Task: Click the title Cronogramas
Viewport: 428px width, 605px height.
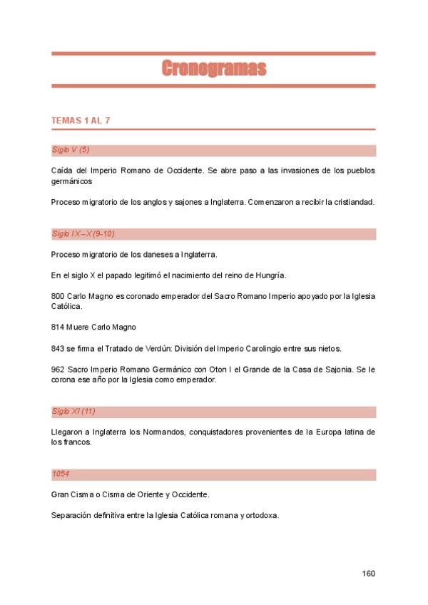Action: pos(213,68)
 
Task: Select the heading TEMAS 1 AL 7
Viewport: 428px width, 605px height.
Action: pos(81,120)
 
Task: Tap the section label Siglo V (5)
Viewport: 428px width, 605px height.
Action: pos(71,150)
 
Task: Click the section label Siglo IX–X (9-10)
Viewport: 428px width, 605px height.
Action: pos(83,233)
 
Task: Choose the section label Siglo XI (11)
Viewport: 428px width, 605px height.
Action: pos(73,412)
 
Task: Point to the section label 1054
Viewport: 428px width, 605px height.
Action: pos(61,474)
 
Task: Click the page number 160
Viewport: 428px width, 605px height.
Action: pos(368,574)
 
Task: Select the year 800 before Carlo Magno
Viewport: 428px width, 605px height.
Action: pos(58,296)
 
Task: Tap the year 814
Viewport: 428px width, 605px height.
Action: pos(58,327)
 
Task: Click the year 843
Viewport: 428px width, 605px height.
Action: pos(58,348)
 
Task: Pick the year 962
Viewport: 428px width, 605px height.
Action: pos(58,370)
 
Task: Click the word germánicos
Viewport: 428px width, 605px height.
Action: pos(72,181)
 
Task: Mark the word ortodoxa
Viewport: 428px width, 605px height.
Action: pos(262,515)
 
